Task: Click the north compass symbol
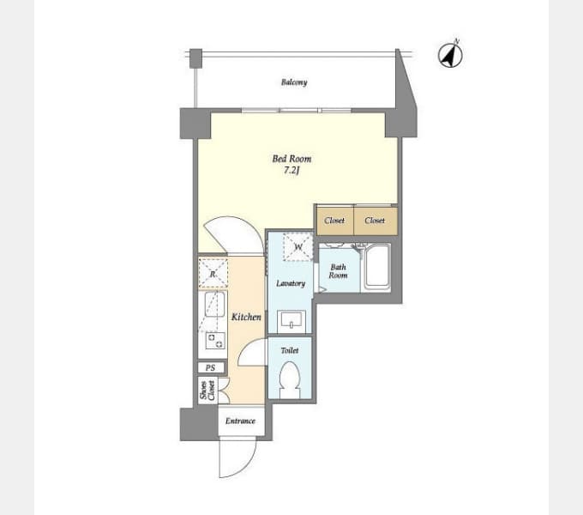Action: (450, 55)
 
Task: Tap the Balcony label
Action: (294, 82)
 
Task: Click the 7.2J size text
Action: (291, 171)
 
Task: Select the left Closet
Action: (334, 221)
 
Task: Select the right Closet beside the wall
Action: (376, 221)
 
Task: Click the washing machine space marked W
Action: (298, 246)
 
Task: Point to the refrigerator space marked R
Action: (213, 274)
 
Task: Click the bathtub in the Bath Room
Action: (376, 267)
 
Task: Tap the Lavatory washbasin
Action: (291, 321)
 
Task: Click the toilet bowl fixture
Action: (290, 379)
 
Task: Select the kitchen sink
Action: (214, 304)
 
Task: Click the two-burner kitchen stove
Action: (215, 341)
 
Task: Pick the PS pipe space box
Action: (211, 367)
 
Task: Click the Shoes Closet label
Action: (207, 390)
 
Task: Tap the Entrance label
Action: (240, 421)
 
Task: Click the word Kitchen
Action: (246, 317)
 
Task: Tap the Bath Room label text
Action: (338, 271)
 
